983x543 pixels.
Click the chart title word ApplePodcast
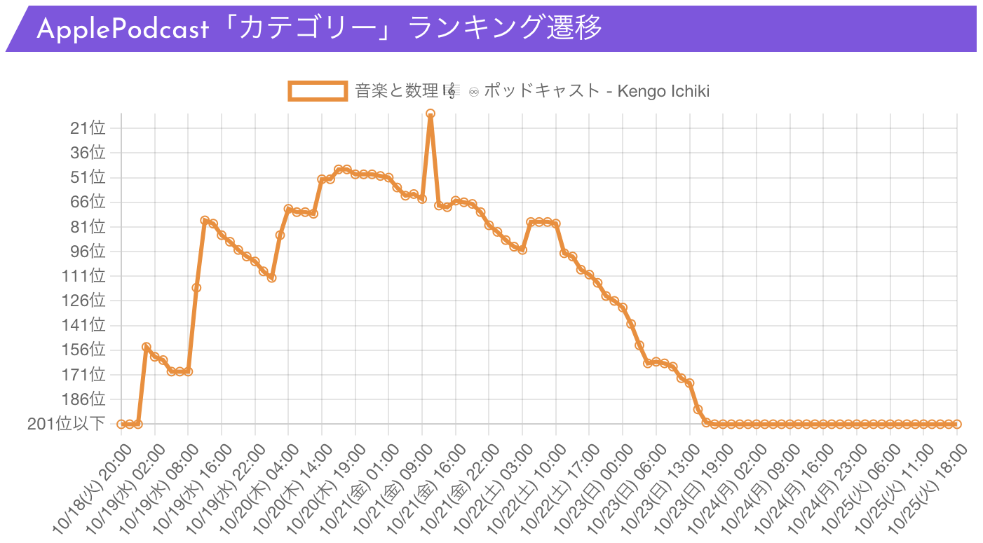(123, 29)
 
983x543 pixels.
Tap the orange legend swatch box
(318, 91)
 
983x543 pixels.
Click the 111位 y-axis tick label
(85, 276)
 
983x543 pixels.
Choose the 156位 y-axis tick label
(85, 350)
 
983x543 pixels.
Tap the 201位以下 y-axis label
(67, 424)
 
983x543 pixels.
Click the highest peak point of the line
(431, 114)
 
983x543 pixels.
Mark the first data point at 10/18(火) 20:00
(121, 424)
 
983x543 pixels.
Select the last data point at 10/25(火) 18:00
(957, 424)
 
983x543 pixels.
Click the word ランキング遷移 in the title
(505, 29)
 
